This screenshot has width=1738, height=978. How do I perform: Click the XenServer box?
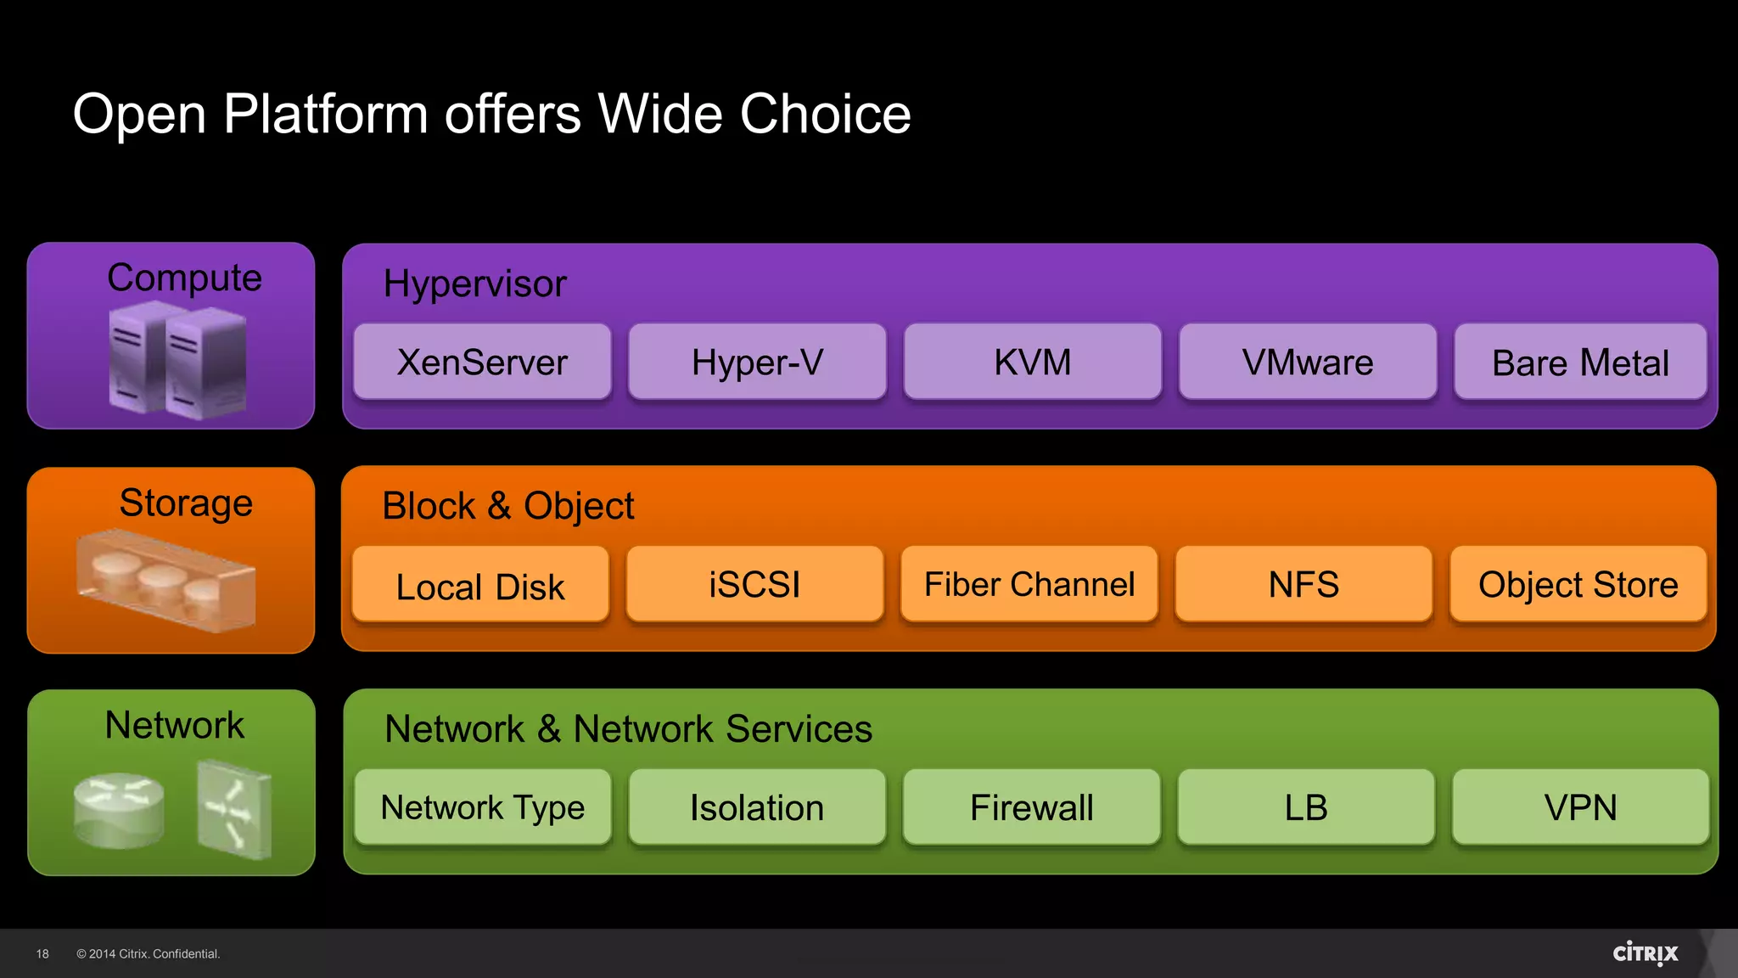[x=482, y=362]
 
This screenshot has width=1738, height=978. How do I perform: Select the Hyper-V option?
[x=757, y=362]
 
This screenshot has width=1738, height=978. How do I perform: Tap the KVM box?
[x=1032, y=362]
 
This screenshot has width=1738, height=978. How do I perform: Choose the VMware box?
[x=1307, y=362]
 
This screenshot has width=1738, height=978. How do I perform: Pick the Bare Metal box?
[x=1580, y=362]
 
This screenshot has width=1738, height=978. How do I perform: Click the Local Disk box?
[x=480, y=585]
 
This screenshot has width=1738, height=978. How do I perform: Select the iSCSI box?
[x=754, y=584]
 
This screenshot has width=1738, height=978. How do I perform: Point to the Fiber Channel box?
[x=1029, y=584]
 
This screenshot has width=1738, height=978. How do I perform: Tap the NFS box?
[x=1303, y=584]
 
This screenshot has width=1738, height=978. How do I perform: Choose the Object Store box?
[x=1578, y=584]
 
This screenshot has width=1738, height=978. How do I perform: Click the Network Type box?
[x=482, y=807]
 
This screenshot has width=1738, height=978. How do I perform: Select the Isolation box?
[x=757, y=807]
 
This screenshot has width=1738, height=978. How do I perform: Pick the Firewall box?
[x=1031, y=807]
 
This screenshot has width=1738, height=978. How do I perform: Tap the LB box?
[x=1306, y=807]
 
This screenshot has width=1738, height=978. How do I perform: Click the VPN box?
[x=1580, y=807]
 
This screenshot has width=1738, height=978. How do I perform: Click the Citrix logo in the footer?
[x=1645, y=953]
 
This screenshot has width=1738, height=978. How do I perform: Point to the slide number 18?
[x=42, y=954]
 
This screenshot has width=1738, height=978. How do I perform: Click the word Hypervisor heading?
[x=474, y=284]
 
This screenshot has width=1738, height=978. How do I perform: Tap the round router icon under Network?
[x=119, y=809]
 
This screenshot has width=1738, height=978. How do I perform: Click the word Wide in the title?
[x=660, y=114]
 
